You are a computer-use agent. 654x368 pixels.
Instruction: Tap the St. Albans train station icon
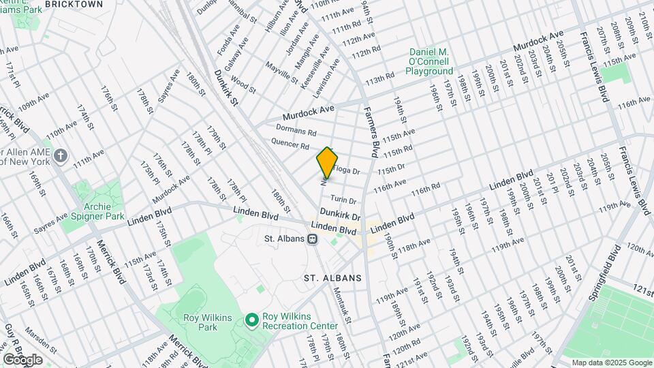tap(313, 239)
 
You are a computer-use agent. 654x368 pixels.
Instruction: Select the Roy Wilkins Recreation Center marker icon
tap(251, 319)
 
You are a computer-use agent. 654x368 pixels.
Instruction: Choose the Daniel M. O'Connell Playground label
tap(431, 62)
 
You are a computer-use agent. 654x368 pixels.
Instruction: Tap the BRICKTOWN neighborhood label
tap(74, 4)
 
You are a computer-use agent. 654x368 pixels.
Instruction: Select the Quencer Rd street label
tap(290, 144)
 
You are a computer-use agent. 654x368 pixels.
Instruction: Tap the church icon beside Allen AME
tap(61, 156)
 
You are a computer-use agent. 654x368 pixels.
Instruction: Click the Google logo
tap(22, 359)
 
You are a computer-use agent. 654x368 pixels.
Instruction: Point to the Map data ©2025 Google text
tap(611, 363)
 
